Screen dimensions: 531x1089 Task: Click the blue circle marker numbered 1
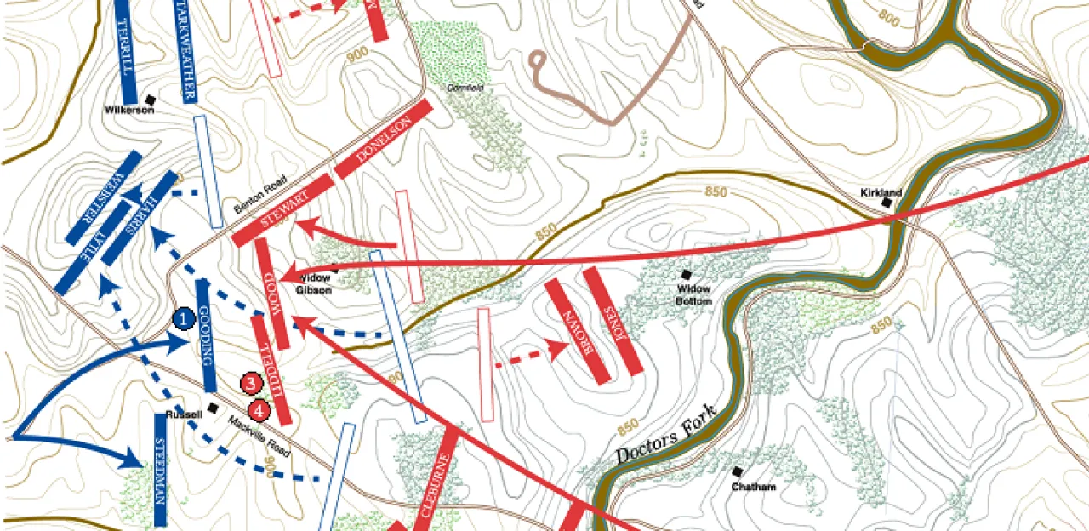point(183,318)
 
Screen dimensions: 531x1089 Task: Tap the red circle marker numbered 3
point(250,384)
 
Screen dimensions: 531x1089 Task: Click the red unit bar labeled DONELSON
point(384,140)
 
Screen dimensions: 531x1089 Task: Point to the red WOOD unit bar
point(272,294)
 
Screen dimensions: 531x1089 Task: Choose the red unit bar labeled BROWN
point(577,331)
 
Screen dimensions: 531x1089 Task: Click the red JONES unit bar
point(613,321)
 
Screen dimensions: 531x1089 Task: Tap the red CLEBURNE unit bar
point(437,482)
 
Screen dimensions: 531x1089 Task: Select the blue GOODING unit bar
point(205,335)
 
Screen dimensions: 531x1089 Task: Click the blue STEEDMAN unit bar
point(160,470)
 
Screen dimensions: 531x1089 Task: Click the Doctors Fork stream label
point(665,437)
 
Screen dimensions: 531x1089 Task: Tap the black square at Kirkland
point(887,203)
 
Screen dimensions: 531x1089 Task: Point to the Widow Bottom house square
point(686,275)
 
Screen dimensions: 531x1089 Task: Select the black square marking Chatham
point(737,471)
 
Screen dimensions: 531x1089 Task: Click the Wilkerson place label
point(129,110)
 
